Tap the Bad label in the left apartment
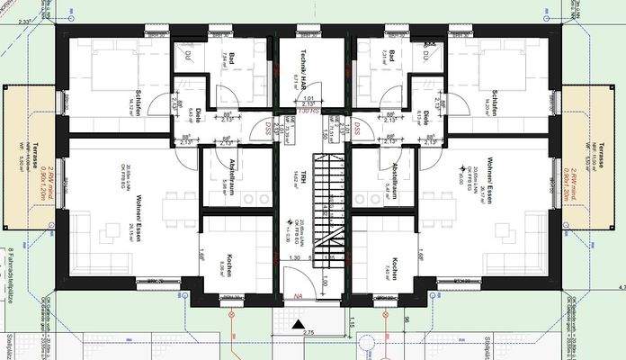[231, 59]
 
